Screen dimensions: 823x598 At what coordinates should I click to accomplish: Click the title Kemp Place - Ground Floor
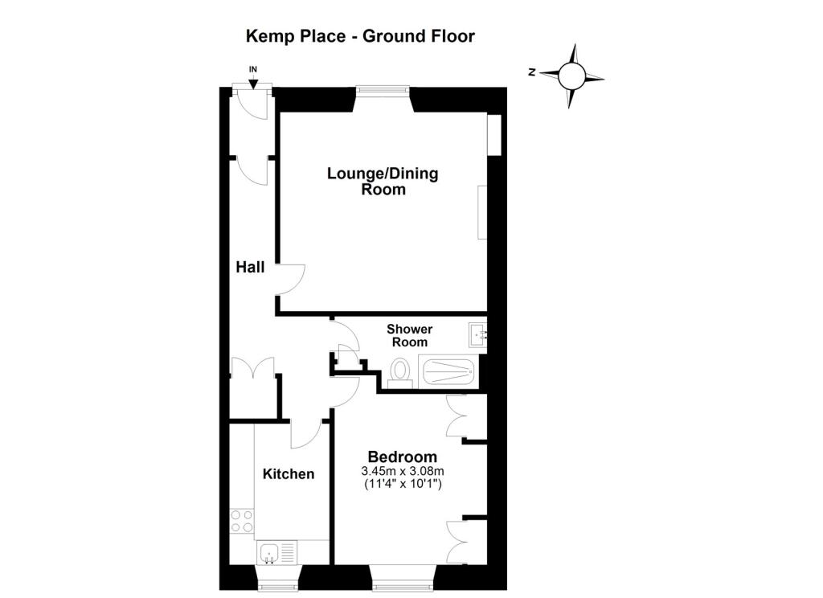point(360,36)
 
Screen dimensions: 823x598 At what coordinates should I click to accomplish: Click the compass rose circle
point(571,76)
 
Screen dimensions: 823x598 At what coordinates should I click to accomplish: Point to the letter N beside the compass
point(532,72)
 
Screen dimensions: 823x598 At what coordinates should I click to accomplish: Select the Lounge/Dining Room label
point(383,181)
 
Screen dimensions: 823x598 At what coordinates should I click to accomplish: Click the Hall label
point(250,267)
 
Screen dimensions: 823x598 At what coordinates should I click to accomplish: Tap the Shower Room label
point(409,335)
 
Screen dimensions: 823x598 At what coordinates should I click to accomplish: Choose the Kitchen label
point(289,474)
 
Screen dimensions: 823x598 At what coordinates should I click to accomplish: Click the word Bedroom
point(402,457)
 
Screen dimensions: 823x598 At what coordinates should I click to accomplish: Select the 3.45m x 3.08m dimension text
point(402,472)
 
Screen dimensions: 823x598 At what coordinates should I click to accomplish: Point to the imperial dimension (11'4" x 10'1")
point(403,484)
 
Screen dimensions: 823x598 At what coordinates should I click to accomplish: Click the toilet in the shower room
point(401,373)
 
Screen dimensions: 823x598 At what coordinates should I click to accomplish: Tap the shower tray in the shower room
point(448,371)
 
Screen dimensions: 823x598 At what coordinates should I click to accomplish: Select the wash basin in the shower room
point(477,335)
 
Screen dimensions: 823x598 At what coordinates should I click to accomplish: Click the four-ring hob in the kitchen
point(242,522)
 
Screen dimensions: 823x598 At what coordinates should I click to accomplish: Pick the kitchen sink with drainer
point(276,553)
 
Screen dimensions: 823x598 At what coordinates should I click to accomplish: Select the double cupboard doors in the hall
point(252,367)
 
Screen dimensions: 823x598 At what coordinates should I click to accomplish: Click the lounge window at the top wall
point(383,91)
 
